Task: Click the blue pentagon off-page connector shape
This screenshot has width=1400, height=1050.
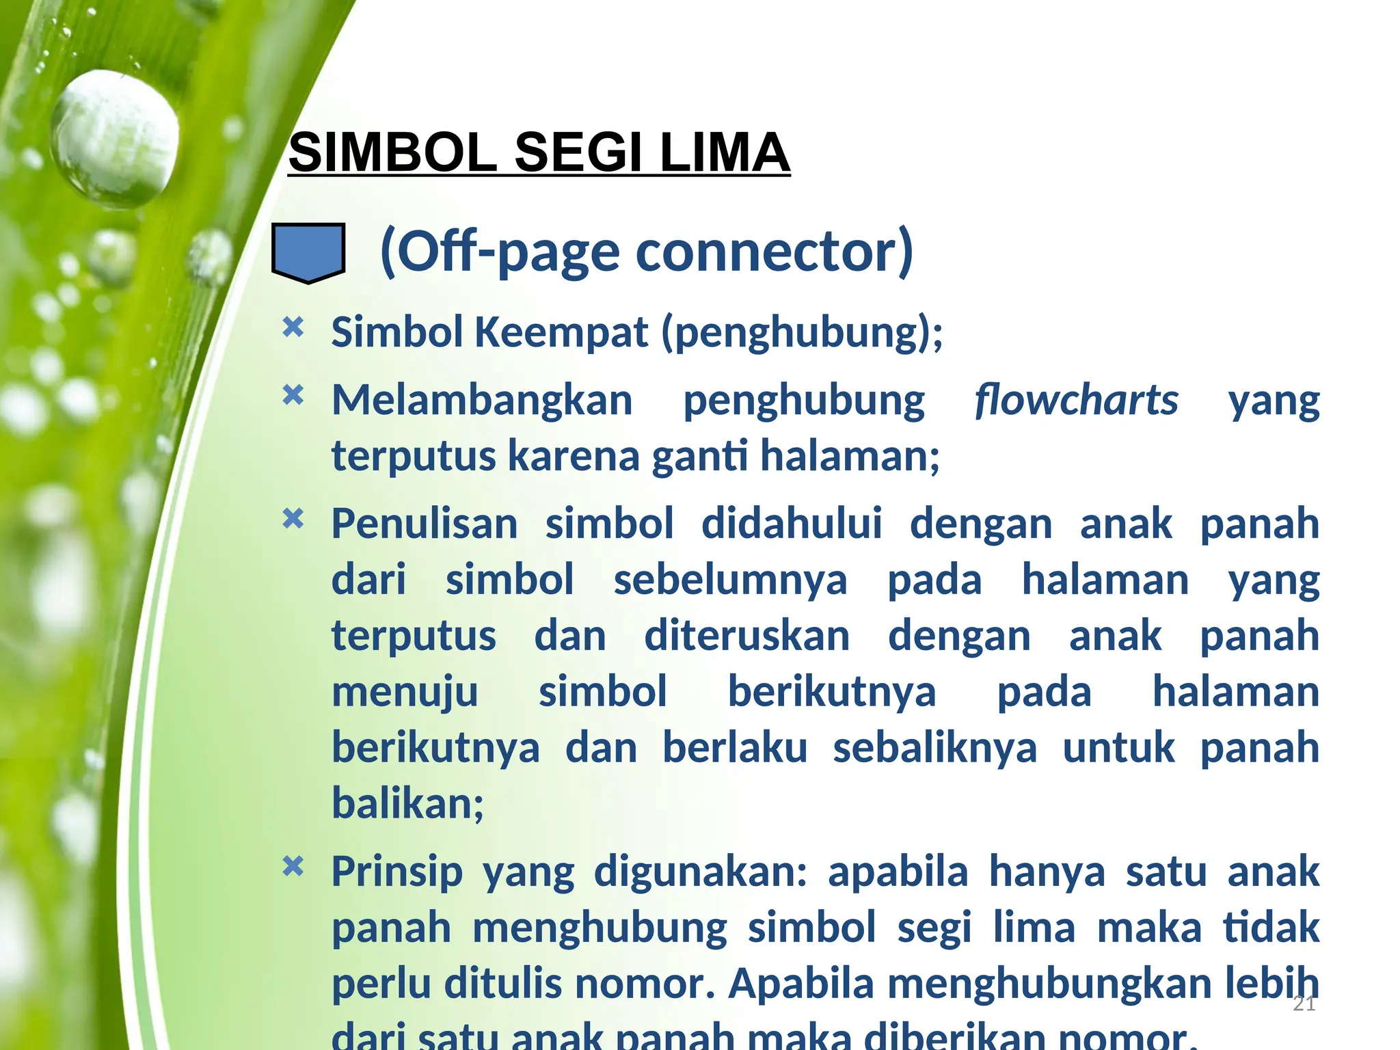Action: pos(308,252)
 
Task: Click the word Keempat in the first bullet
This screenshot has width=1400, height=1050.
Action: pos(561,332)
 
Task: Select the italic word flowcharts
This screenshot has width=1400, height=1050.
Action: pos(1076,400)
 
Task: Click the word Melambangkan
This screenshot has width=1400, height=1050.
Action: pos(482,400)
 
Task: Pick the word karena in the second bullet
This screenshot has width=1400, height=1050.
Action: pos(574,456)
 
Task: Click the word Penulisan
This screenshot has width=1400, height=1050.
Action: pos(425,524)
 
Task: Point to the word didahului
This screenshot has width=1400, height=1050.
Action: pos(792,524)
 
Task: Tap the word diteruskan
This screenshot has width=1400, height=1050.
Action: pos(746,636)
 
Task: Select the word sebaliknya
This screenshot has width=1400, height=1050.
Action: pos(934,748)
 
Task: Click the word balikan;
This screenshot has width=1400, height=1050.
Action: pos(408,803)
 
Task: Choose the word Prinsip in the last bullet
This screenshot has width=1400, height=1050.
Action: pos(397,872)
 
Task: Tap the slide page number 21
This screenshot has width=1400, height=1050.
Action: pos(1304,1004)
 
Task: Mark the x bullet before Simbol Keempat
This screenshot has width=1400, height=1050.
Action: pos(293,327)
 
